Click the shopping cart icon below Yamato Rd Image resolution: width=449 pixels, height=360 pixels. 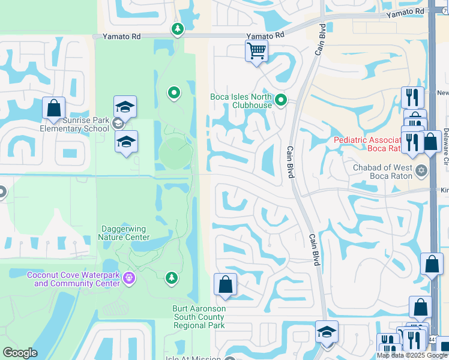[256, 50]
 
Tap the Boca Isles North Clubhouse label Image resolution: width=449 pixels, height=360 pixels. [241, 101]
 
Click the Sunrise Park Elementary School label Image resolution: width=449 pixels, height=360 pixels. [74, 124]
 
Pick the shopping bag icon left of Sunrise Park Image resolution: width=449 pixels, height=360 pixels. [54, 108]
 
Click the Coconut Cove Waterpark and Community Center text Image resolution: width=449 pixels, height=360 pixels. [73, 279]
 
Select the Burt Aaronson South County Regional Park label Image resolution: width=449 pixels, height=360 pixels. [199, 317]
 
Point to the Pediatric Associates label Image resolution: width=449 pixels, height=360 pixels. [375, 144]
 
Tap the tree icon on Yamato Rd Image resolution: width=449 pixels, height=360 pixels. [177, 29]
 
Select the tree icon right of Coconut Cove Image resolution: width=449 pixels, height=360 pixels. [172, 277]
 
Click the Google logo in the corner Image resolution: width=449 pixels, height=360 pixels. [20, 353]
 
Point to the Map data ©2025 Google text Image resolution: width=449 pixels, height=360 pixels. [412, 355]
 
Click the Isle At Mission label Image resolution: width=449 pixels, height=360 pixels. [192, 359]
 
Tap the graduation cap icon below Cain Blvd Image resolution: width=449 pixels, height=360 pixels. [327, 332]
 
